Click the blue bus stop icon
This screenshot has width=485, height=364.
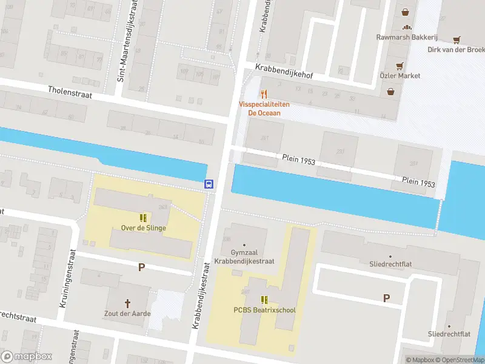pos(209,185)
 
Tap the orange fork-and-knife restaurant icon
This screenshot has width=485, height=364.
pos(263,94)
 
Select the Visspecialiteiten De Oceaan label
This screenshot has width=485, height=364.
pos(264,109)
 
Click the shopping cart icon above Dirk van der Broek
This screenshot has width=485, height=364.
pos(456,39)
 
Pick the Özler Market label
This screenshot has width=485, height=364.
pos(400,76)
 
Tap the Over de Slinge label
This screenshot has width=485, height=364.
pos(143,228)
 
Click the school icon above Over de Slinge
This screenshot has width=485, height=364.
pos(143,217)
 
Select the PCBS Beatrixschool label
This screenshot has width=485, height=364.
pos(264,310)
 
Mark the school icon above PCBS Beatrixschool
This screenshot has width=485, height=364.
pos(264,299)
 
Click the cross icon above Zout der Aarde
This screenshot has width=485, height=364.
pos(128,303)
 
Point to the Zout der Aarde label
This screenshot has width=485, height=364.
pos(127,314)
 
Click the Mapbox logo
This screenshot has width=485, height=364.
pos(26,357)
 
